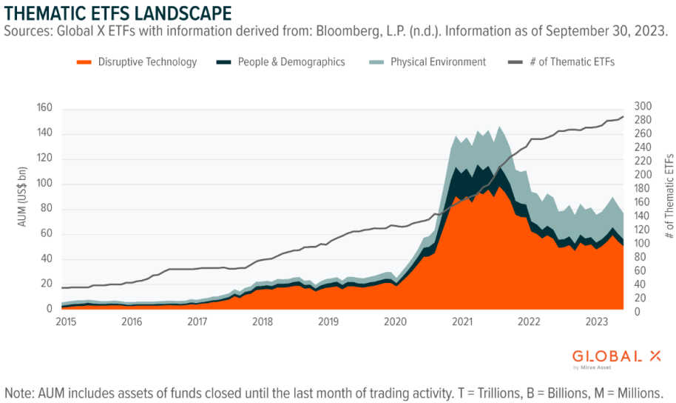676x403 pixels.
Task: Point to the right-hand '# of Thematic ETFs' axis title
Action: (x=669, y=196)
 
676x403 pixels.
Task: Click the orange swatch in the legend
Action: (x=84, y=62)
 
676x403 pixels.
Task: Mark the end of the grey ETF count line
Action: (x=623, y=116)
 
